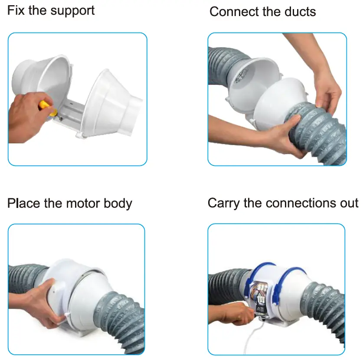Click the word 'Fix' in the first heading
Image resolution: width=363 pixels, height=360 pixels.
[x=16, y=10]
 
